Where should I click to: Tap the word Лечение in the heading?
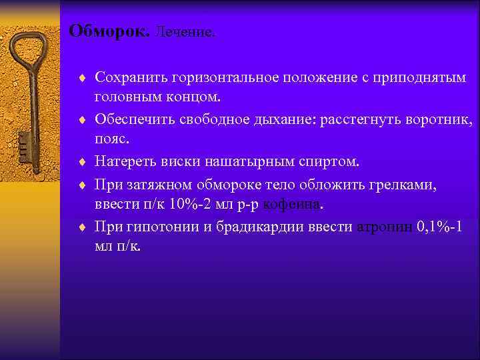186,33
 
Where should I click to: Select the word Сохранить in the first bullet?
131,79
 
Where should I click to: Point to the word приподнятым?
419,79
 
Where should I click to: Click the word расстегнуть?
363,121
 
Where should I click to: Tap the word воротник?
440,121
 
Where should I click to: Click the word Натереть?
125,162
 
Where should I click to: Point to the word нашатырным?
249,162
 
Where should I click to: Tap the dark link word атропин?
385,226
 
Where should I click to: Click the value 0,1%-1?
439,226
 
